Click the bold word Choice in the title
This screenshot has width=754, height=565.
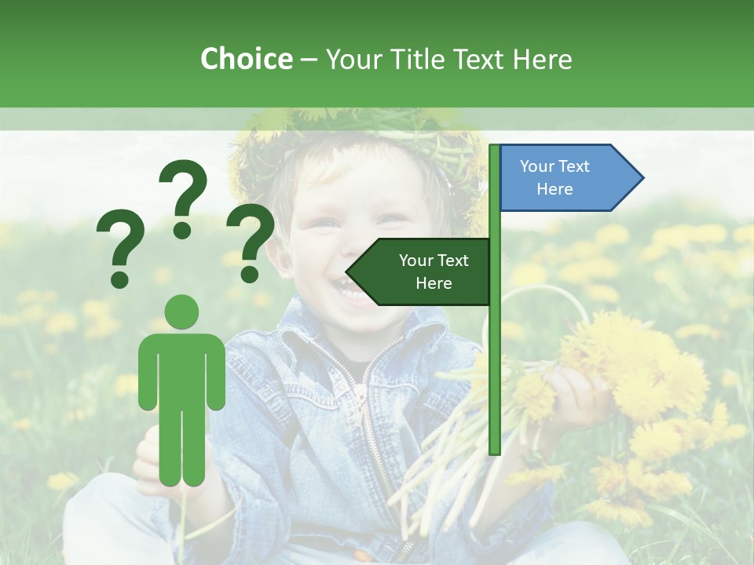coord(246,59)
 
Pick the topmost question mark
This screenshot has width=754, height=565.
coord(183,198)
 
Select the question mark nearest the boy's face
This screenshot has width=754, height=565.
coord(251,241)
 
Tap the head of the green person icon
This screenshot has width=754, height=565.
coord(182,313)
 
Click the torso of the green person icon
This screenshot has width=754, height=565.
coord(182,369)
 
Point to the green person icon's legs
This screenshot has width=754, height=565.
coord(182,447)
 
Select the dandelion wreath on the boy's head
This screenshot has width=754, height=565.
coord(361,137)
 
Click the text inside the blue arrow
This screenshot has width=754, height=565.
coord(555,178)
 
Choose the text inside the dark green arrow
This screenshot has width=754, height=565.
coord(434,272)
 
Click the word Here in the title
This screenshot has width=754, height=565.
coord(542,59)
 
